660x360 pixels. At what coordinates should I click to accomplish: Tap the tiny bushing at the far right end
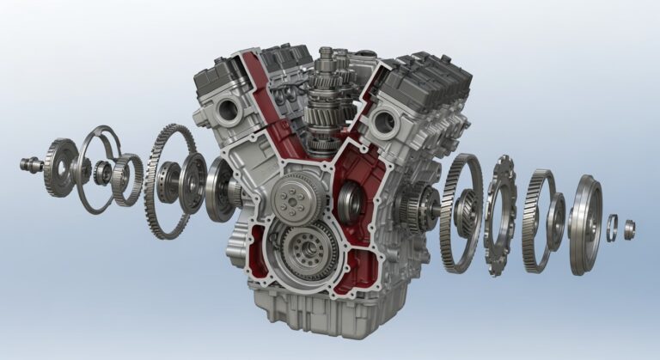click(629, 229)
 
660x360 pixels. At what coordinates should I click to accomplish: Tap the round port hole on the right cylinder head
click(385, 122)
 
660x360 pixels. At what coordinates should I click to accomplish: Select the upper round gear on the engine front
click(291, 197)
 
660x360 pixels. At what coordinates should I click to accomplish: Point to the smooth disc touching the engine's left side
click(220, 187)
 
